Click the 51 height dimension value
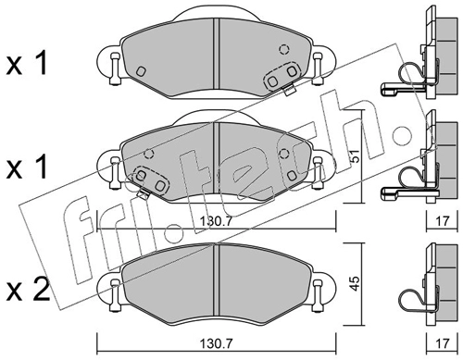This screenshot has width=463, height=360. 356,156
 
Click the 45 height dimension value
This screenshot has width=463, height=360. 356,283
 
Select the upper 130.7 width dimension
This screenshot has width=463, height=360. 216,221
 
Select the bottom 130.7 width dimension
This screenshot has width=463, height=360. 216,342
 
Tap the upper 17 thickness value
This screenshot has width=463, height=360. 442,221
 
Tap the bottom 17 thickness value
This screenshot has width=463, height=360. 442,342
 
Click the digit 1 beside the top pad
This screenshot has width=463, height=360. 41,63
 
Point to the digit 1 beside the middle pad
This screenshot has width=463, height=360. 41,167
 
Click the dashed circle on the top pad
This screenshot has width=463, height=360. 283,49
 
